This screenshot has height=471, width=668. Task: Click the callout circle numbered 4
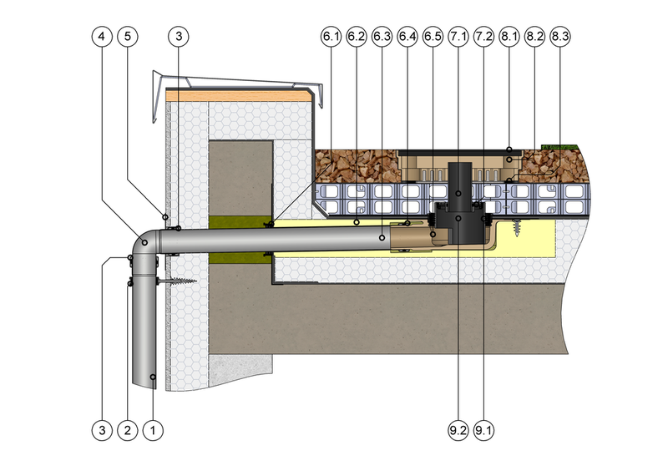(x=102, y=37)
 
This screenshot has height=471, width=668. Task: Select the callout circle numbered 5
(x=128, y=37)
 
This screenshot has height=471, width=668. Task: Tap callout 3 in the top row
(x=179, y=37)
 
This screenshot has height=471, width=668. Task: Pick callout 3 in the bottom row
(x=102, y=430)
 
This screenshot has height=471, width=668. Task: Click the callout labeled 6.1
(x=331, y=37)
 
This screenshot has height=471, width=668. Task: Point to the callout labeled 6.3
(x=382, y=37)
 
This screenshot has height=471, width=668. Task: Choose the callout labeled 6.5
(x=433, y=37)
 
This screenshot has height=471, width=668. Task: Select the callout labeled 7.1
(x=458, y=37)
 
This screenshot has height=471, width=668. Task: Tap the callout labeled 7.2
(x=483, y=37)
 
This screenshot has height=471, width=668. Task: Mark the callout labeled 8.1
(x=509, y=37)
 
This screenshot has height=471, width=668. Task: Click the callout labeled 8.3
(x=559, y=37)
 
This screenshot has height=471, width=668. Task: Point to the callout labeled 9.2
(x=458, y=430)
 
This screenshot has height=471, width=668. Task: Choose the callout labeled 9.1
(x=483, y=430)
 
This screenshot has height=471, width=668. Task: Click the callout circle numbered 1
(x=153, y=430)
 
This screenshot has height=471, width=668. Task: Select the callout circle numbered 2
(x=128, y=430)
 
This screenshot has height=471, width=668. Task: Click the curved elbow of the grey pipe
(x=144, y=244)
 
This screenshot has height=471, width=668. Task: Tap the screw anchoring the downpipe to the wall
(x=177, y=281)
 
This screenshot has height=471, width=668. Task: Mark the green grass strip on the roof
(x=559, y=147)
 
